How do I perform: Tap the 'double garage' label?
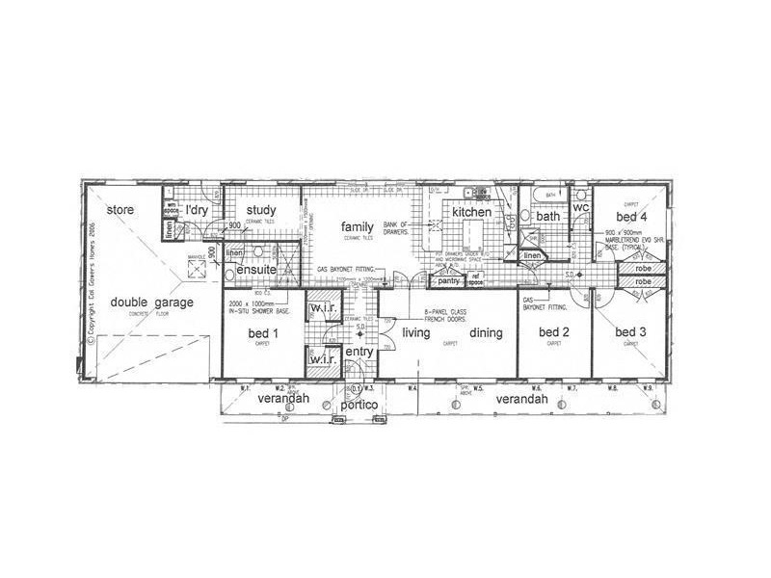(x=152, y=302)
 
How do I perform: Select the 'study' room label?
(x=261, y=210)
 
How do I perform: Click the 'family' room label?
(x=357, y=226)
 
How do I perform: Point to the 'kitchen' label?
(x=472, y=211)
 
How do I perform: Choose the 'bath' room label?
(x=547, y=217)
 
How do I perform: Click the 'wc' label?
(x=581, y=208)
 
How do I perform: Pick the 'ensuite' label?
(x=257, y=271)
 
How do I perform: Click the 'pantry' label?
(x=446, y=281)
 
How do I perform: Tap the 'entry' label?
(x=359, y=353)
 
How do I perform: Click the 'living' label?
(x=415, y=332)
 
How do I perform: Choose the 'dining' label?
(x=487, y=332)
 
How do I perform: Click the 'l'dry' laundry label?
(x=197, y=209)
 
